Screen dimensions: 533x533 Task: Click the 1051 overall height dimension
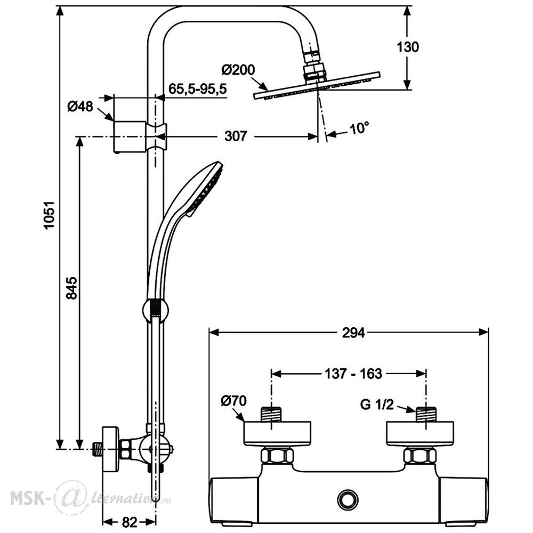click(50, 215)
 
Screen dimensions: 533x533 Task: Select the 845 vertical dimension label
click(72, 288)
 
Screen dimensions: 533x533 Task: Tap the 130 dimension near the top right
click(408, 47)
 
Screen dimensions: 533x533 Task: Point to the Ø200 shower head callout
click(238, 70)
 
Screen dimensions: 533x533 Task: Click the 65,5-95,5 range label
click(198, 89)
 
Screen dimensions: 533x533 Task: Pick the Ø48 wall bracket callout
click(80, 107)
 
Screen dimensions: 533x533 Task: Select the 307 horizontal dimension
click(236, 136)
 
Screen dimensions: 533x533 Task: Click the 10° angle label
click(359, 129)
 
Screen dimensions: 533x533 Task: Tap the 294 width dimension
click(353, 333)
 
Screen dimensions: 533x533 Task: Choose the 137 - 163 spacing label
click(353, 374)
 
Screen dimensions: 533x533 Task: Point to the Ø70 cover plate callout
click(233, 401)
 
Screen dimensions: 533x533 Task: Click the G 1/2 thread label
click(377, 405)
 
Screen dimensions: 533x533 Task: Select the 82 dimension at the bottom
click(129, 522)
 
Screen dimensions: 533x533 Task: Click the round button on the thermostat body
click(348, 499)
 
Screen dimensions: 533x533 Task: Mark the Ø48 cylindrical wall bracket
click(130, 136)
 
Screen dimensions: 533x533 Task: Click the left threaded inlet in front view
click(271, 414)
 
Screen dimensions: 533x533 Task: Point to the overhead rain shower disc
click(317, 85)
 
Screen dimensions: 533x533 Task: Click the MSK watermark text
click(30, 498)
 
